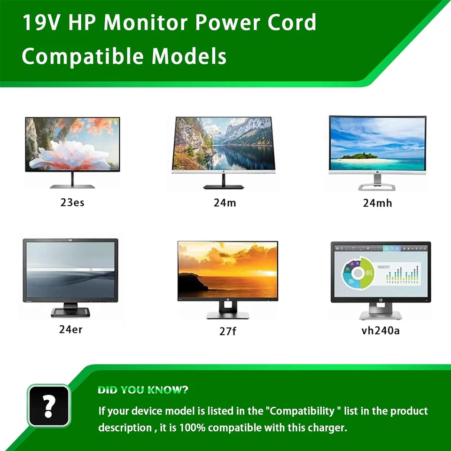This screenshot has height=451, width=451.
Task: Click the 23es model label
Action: (72, 203)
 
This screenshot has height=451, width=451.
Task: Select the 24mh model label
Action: (377, 203)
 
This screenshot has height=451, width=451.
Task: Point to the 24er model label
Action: (70, 329)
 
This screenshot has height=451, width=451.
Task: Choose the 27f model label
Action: (227, 331)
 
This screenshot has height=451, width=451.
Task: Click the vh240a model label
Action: (381, 330)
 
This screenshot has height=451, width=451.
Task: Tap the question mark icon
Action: (48, 405)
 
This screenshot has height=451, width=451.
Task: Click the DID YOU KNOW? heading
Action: (143, 390)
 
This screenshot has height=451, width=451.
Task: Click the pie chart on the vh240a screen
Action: (358, 273)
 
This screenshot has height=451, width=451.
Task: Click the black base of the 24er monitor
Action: (70, 313)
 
